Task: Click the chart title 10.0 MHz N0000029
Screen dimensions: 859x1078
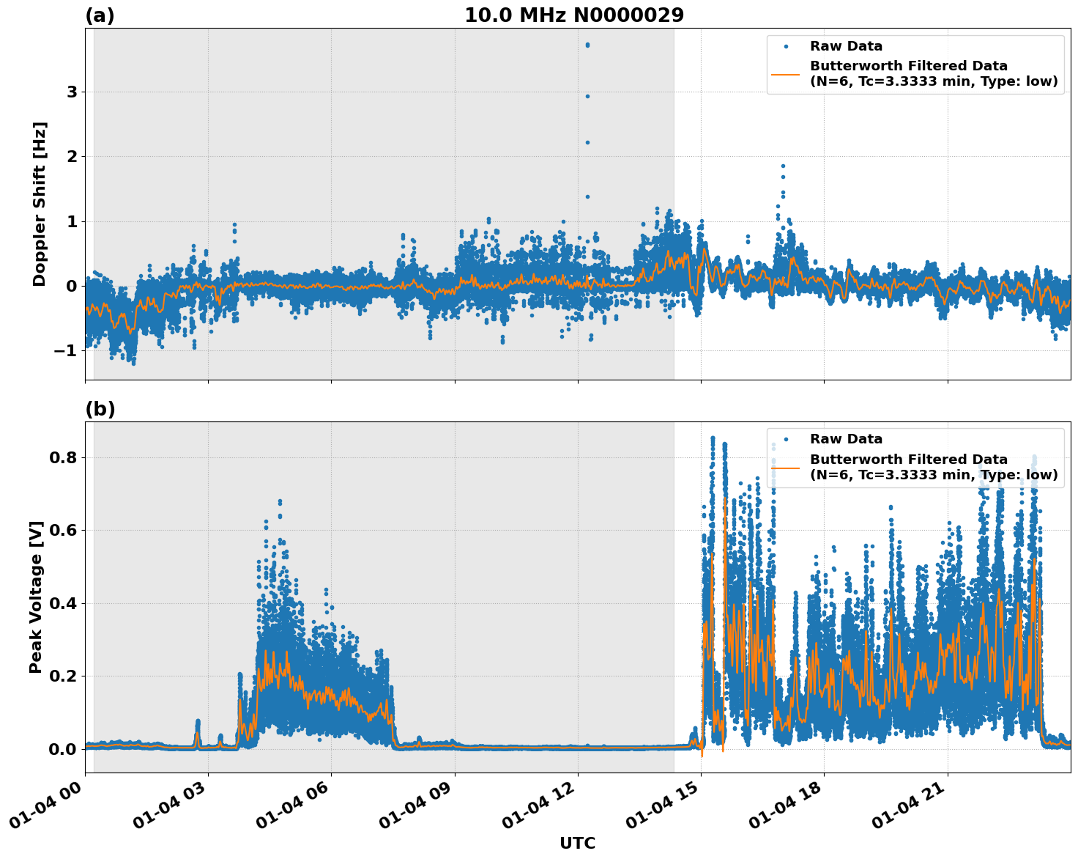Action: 573,15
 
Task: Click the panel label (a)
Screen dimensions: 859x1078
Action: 100,15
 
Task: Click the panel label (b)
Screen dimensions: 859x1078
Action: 100,409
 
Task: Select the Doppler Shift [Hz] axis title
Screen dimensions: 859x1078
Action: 40,204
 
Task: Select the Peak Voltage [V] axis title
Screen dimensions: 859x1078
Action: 36,597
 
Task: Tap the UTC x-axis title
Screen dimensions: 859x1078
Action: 577,843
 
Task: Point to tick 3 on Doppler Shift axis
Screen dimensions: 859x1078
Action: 72,92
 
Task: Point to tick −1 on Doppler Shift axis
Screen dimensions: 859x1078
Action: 66,350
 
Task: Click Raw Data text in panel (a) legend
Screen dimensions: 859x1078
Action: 846,46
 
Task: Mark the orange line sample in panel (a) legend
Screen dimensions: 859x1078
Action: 786,73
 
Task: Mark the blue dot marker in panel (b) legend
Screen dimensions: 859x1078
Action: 786,440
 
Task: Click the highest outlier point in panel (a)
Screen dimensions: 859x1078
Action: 587,45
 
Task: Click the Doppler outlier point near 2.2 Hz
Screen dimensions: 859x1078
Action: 587,142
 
